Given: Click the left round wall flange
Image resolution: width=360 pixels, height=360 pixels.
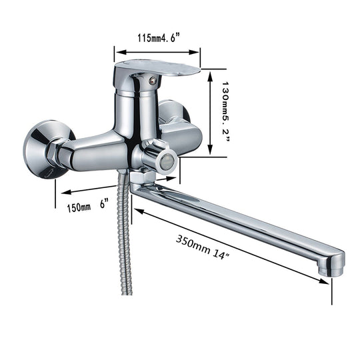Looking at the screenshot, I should [39, 148].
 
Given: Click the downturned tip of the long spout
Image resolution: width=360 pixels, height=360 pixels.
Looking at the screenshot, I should [331, 265].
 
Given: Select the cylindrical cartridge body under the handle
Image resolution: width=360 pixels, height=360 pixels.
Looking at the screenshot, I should [137, 107].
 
